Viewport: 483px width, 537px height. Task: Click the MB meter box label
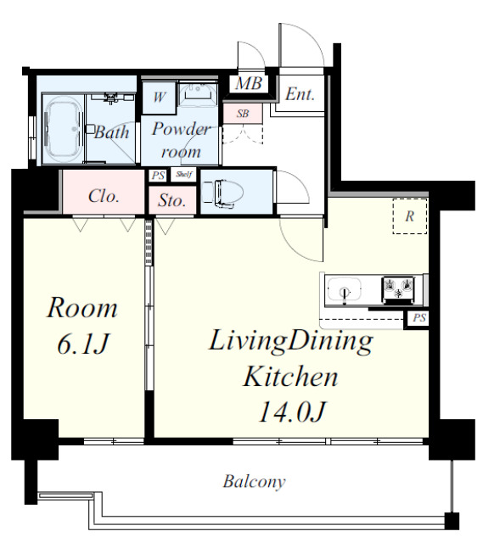[249, 83]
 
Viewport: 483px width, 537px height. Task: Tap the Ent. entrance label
[300, 94]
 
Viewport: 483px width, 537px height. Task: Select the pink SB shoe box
[243, 114]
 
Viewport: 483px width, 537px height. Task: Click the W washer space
[159, 98]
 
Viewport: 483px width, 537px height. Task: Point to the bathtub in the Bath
[64, 129]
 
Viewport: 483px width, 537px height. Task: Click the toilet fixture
[222, 193]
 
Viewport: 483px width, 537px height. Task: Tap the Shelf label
[183, 175]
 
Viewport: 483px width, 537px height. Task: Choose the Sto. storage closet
[172, 200]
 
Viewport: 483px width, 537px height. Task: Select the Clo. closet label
[104, 196]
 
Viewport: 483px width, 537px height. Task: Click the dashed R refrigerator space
[410, 216]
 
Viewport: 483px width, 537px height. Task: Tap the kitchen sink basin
[344, 290]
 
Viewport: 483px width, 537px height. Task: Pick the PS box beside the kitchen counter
[418, 318]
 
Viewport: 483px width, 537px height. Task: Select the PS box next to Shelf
[158, 176]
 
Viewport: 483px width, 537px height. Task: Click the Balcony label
[254, 482]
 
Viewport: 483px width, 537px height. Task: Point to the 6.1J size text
[83, 344]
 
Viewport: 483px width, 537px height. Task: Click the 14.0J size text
[291, 411]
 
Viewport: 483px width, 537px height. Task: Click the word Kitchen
[290, 376]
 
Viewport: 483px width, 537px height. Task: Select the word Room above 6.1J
[82, 308]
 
